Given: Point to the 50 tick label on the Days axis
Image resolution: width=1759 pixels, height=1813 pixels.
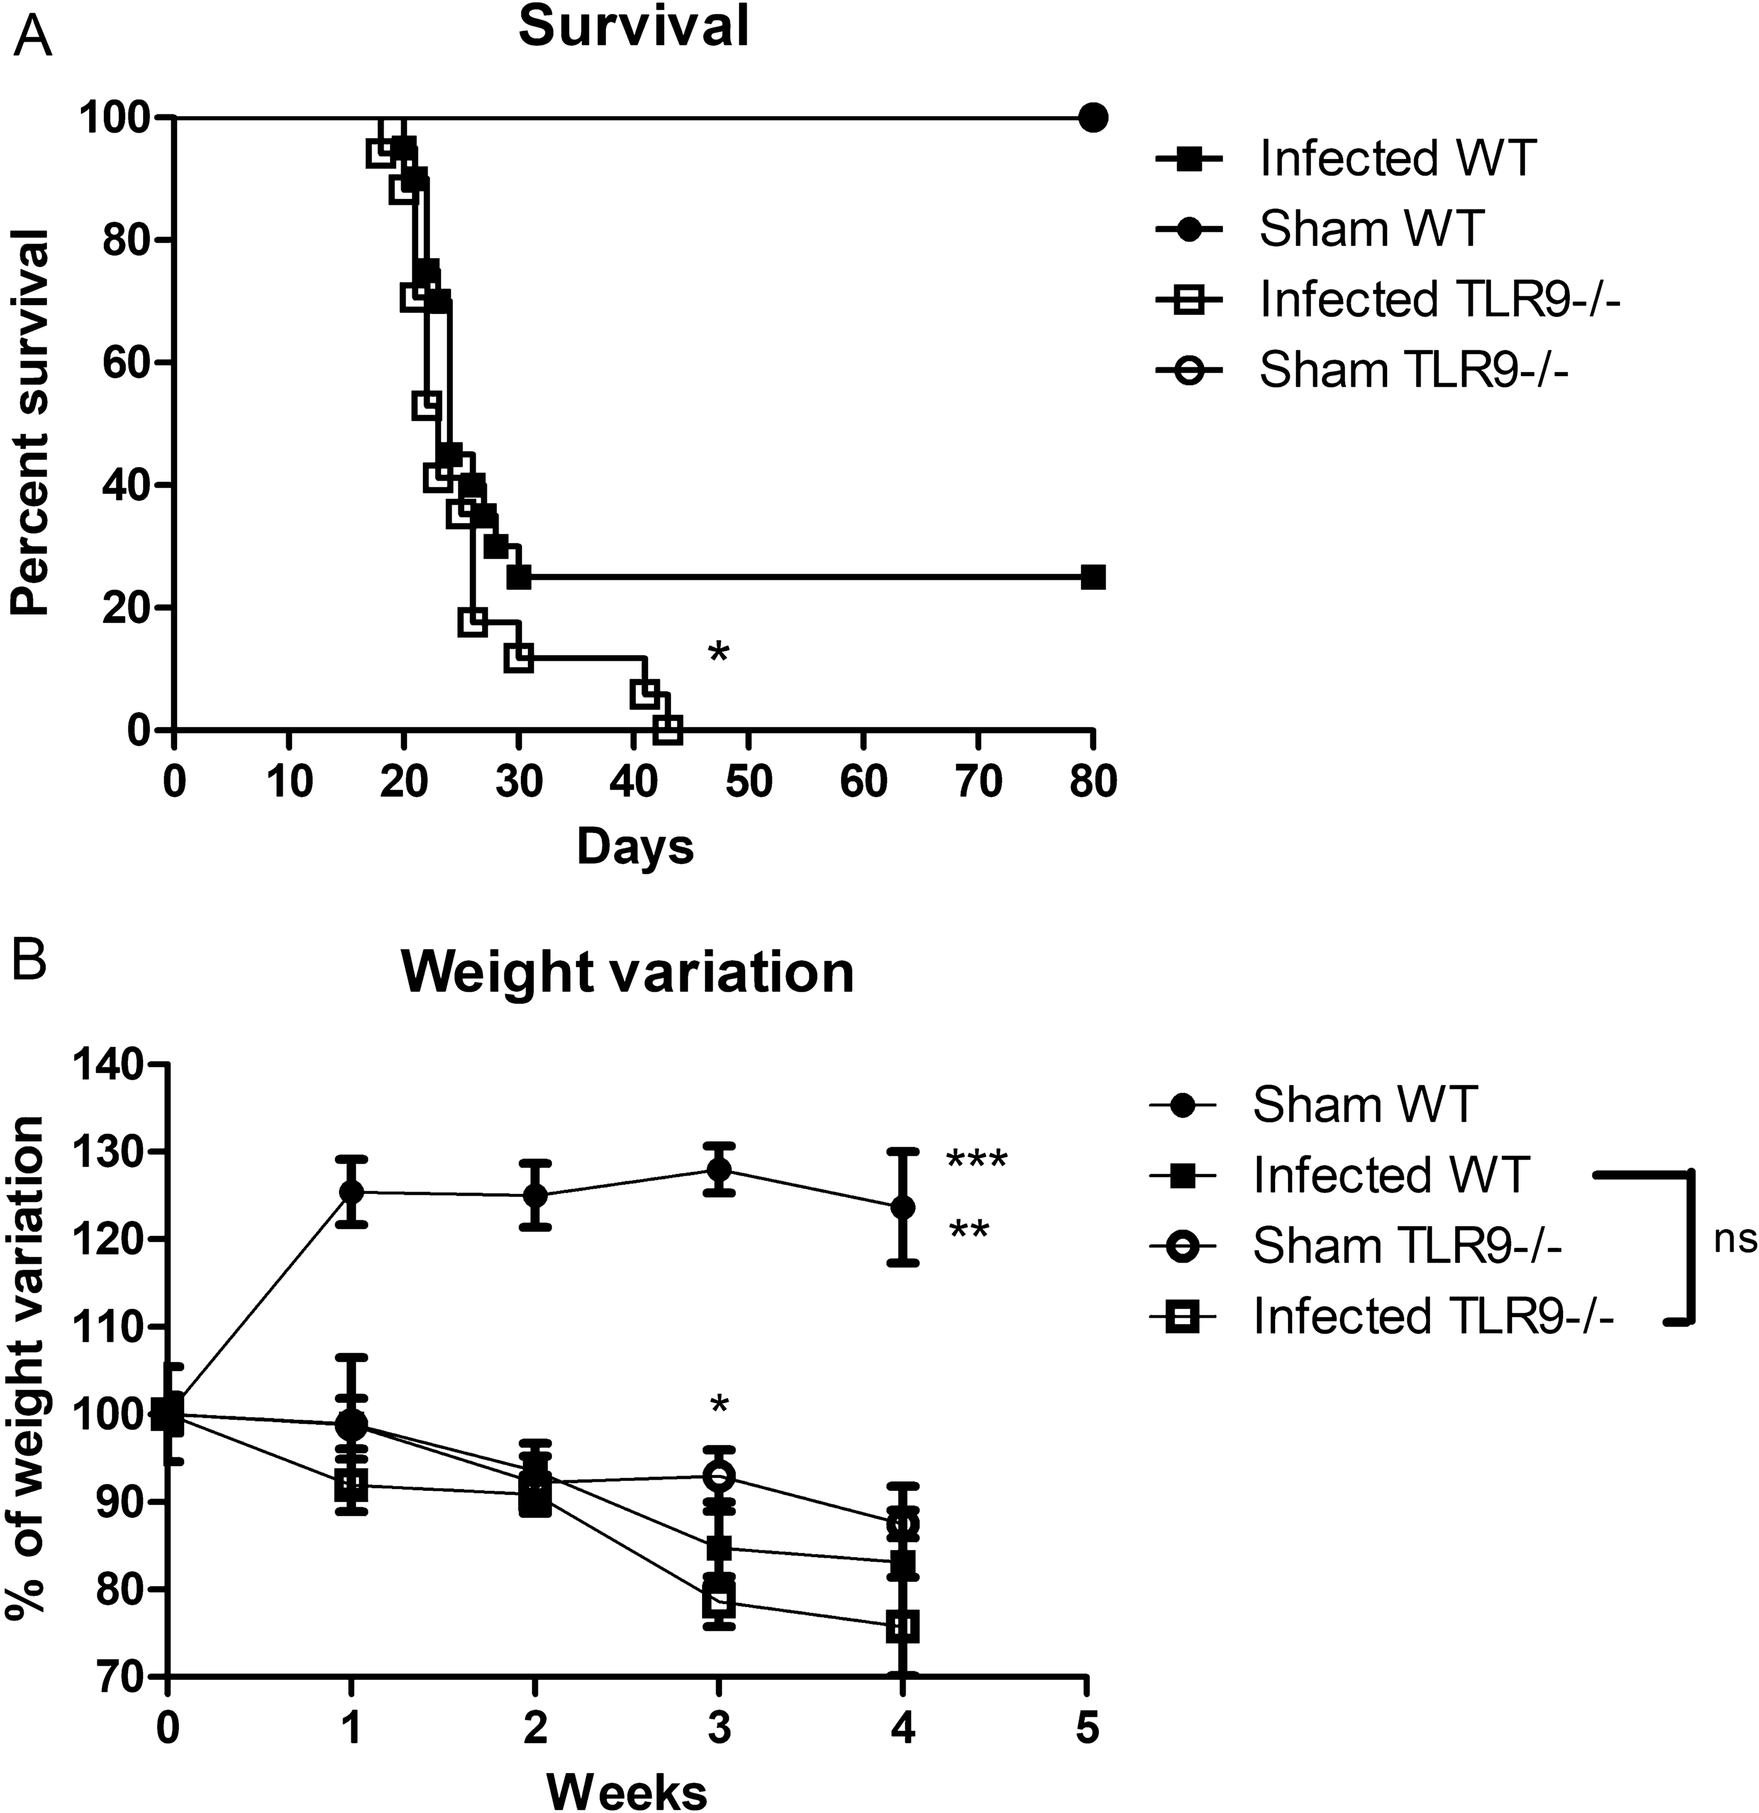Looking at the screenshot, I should point(748,783).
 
